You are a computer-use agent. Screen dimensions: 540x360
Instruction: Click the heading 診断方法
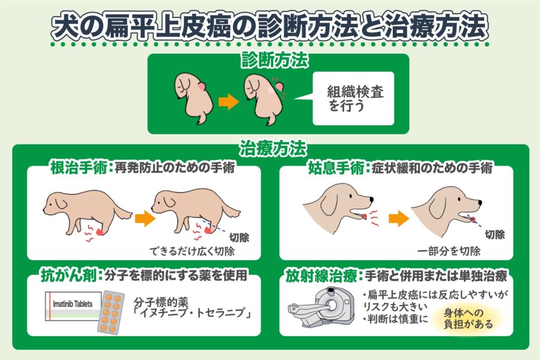tap(274, 61)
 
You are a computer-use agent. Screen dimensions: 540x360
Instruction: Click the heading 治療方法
tap(273, 149)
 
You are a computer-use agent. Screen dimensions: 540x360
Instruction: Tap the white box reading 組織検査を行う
tap(353, 99)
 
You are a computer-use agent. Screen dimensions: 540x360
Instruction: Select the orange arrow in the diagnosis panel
tap(229, 102)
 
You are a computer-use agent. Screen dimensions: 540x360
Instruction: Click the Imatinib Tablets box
tap(73, 306)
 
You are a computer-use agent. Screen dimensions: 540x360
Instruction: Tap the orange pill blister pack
tap(111, 313)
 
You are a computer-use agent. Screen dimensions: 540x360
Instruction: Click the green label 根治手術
tap(79, 168)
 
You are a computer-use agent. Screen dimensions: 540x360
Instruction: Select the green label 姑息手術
tap(336, 168)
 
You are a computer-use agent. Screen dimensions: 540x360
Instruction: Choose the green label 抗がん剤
tap(69, 275)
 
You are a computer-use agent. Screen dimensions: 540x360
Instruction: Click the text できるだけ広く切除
tap(192, 251)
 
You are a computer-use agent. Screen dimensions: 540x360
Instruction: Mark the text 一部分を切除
tap(449, 251)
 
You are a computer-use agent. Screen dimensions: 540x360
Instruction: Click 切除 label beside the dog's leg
tap(239, 238)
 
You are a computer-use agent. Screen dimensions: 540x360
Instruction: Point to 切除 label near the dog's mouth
tap(495, 235)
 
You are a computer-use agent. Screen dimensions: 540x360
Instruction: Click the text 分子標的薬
tap(161, 302)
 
